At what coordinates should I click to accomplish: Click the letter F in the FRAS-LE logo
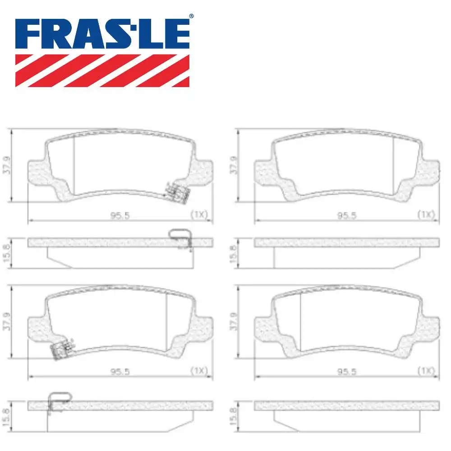(x=28, y=35)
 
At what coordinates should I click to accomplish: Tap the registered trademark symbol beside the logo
(x=191, y=16)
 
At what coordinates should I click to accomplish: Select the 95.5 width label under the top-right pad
(x=346, y=215)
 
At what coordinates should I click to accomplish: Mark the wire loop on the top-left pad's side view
(x=179, y=235)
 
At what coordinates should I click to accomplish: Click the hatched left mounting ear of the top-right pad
(x=266, y=174)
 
